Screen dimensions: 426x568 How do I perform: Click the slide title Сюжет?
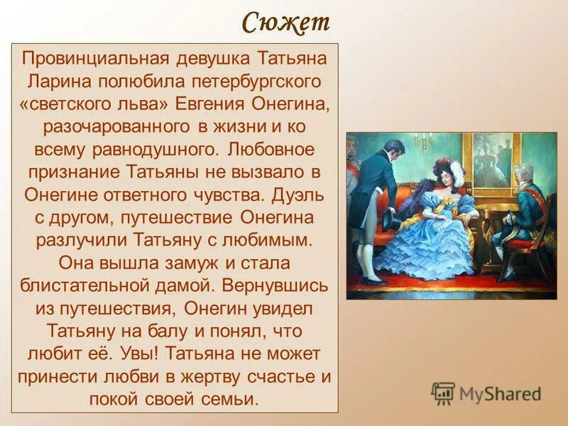285,22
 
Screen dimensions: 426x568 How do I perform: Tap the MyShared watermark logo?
486,393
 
